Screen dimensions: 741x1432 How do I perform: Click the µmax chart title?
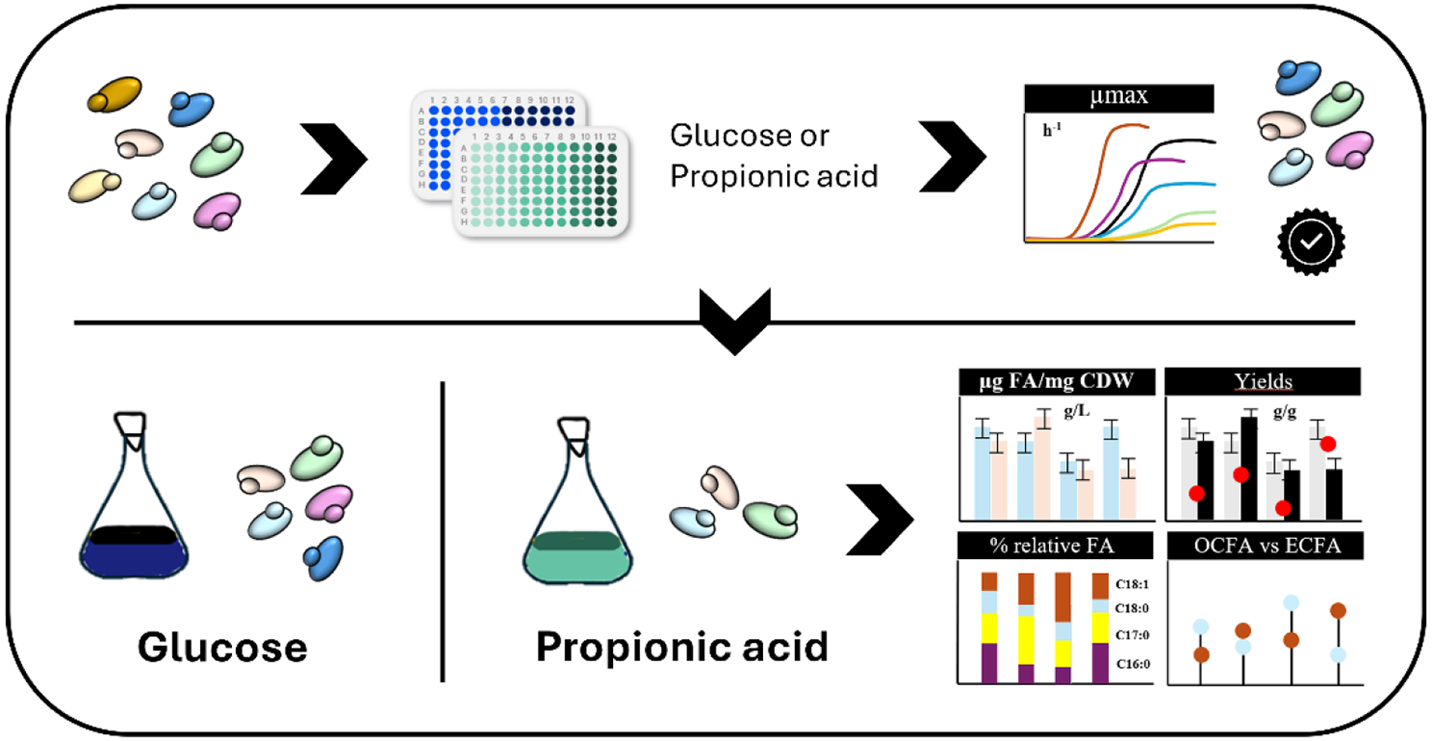click(x=1117, y=98)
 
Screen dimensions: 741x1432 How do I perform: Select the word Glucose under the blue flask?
click(x=222, y=646)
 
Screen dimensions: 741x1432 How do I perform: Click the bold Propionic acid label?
click(x=681, y=646)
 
